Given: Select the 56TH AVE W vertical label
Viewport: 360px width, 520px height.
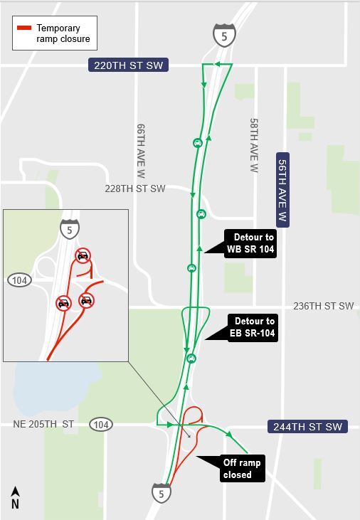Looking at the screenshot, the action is point(282,189).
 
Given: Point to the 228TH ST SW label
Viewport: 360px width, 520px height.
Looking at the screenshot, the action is point(134,189).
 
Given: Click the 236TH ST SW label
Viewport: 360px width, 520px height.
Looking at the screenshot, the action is point(323,306).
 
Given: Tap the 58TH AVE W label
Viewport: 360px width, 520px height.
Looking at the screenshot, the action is point(254,146).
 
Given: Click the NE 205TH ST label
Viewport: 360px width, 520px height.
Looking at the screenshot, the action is point(43,425).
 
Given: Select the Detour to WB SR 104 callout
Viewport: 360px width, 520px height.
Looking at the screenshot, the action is point(250,244).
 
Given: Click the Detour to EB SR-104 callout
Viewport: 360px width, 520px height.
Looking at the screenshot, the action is point(252,327).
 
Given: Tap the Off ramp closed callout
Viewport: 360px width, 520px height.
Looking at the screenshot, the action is point(242,468).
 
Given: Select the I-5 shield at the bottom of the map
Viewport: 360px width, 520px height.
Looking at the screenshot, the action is point(161,492).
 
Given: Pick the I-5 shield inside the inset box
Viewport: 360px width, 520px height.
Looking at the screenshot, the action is point(70,228).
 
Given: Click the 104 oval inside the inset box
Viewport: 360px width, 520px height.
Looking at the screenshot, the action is point(20,280).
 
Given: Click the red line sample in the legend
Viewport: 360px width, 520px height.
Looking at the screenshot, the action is point(24,28).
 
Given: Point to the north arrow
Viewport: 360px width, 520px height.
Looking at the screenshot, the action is point(15,497).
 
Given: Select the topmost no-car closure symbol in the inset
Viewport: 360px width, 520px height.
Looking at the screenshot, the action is point(83,255).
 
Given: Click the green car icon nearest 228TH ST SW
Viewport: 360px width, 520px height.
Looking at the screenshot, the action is point(201,213).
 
